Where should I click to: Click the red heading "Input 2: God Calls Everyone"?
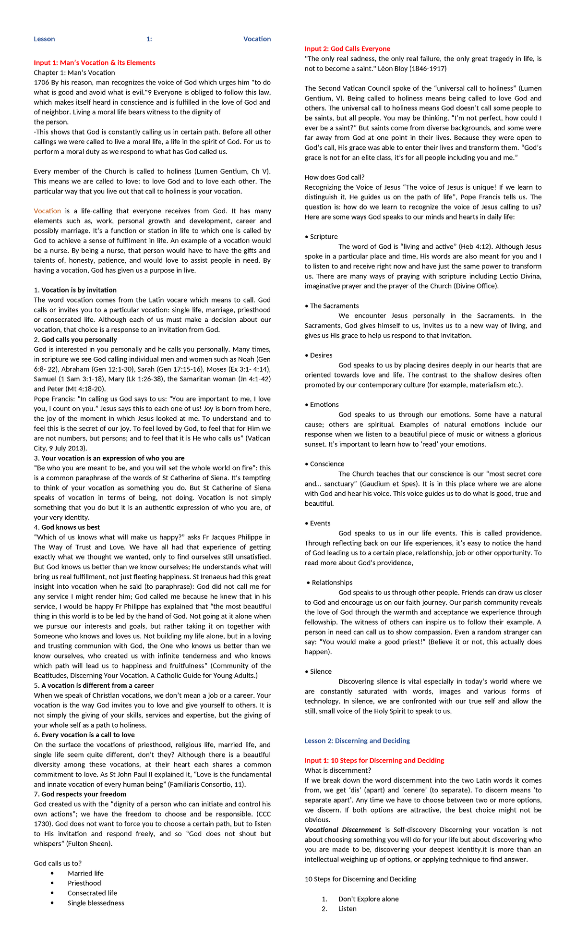point(347,49)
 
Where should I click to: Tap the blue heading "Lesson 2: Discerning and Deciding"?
point(357,741)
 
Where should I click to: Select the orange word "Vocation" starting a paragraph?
point(47,211)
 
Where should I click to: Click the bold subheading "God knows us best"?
point(71,527)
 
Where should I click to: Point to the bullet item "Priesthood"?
point(84,883)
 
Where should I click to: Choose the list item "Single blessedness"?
point(96,903)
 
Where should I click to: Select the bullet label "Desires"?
point(321,355)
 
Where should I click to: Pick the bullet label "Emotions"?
point(324,405)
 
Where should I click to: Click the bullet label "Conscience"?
point(327,464)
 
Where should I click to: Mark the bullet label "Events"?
point(320,523)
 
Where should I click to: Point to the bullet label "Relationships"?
point(332,583)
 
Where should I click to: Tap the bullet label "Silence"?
point(321,671)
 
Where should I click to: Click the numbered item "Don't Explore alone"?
point(368,899)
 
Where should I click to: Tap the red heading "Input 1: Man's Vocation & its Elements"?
point(94,63)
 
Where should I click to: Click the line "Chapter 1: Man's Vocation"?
point(74,73)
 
